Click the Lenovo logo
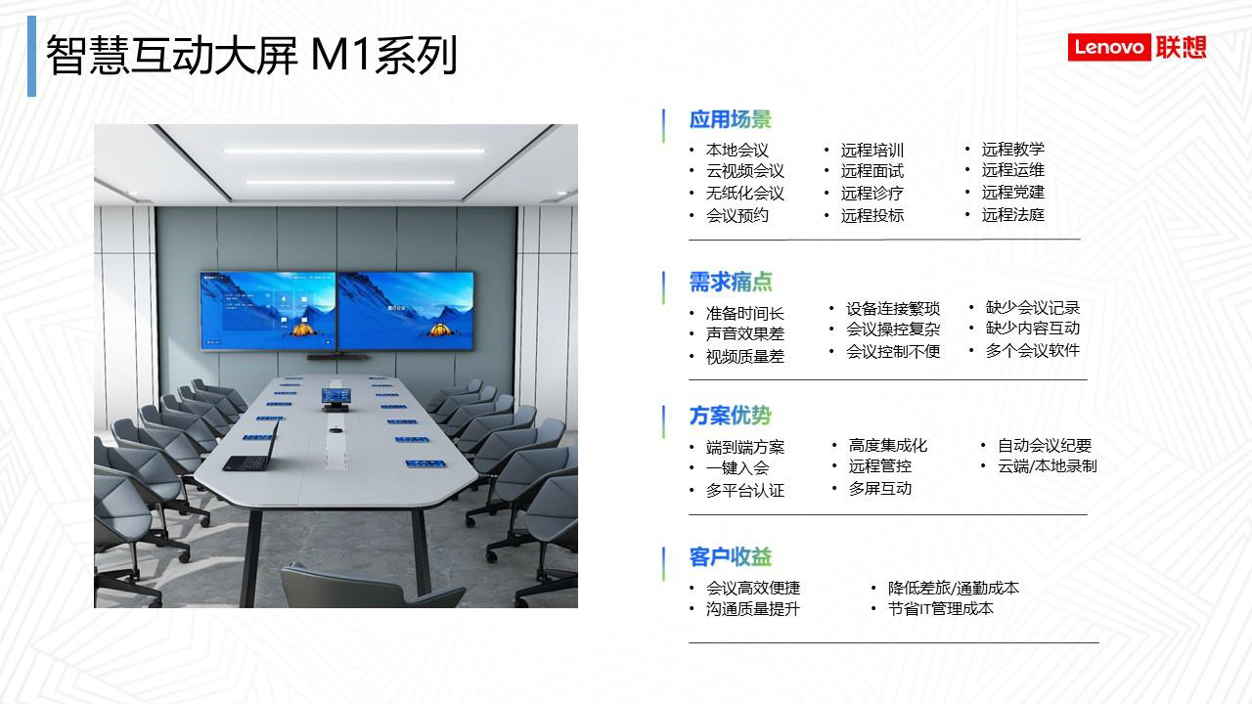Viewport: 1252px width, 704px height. (x=1137, y=47)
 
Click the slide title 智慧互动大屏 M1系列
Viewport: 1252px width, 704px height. (x=251, y=55)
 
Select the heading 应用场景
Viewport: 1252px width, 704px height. (x=730, y=119)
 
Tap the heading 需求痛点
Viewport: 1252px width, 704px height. (x=730, y=282)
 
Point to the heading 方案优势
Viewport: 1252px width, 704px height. (x=730, y=416)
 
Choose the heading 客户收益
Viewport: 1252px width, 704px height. (x=730, y=556)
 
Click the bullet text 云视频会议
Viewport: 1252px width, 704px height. (x=744, y=171)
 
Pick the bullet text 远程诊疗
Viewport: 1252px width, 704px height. (x=872, y=194)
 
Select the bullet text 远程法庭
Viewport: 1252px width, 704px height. (x=1012, y=214)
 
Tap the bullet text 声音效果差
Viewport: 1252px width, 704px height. (x=744, y=333)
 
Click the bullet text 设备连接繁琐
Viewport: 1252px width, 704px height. (x=893, y=308)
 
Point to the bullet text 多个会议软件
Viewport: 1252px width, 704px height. (x=1032, y=350)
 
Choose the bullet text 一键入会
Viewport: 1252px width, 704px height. (x=738, y=467)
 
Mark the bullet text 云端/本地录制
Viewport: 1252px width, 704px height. (x=1048, y=466)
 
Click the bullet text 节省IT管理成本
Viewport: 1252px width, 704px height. (x=941, y=608)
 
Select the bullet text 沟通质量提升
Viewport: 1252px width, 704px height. (x=752, y=608)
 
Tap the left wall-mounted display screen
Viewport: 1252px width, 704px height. (x=268, y=311)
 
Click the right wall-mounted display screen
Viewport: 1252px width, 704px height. (x=406, y=311)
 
